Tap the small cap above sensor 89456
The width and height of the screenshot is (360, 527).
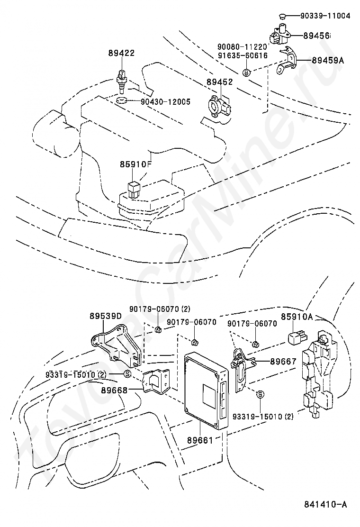tap(282, 16)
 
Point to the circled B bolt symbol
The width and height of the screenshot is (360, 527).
tap(246, 72)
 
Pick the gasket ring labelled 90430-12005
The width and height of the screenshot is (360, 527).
tap(121, 100)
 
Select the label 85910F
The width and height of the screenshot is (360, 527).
tap(136, 164)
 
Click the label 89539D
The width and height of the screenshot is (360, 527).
tap(106, 316)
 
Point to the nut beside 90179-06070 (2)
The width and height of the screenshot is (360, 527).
tap(159, 329)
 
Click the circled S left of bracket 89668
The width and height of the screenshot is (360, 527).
tap(127, 373)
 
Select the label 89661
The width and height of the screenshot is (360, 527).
tap(200, 440)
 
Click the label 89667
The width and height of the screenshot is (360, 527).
tap(283, 361)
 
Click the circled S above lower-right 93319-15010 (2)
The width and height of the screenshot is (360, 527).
tap(260, 394)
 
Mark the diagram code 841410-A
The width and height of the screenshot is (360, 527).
tap(325, 504)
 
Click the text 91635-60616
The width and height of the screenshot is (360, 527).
tap(243, 55)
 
